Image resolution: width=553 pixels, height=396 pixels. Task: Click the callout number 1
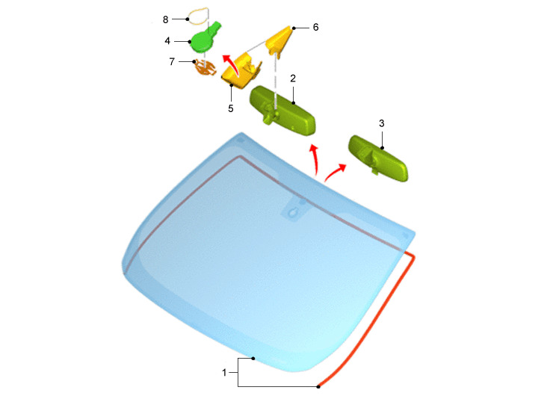[x=224, y=372]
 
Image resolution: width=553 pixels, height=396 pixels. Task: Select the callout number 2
[x=293, y=78]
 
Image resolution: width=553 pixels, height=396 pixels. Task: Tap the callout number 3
[x=382, y=123]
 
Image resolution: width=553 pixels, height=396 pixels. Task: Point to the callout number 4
[x=167, y=41]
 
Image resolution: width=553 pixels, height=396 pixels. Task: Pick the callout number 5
[x=231, y=108]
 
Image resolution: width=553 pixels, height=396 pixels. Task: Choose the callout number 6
[x=315, y=27]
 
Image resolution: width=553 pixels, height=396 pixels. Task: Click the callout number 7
[x=172, y=62]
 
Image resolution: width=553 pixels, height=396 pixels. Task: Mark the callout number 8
[x=165, y=19]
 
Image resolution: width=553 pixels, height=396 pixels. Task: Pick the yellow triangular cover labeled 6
[x=279, y=40]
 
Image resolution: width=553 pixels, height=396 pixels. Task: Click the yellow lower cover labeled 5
[x=241, y=72]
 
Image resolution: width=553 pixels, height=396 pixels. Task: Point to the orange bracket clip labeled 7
[x=206, y=68]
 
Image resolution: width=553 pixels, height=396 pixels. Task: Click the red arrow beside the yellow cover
[x=233, y=64]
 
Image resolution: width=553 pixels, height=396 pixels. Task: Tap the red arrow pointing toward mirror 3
[x=334, y=172]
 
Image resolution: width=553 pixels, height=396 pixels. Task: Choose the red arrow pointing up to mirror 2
[x=315, y=158]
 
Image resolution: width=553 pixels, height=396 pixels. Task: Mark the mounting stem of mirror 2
[x=271, y=114]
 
